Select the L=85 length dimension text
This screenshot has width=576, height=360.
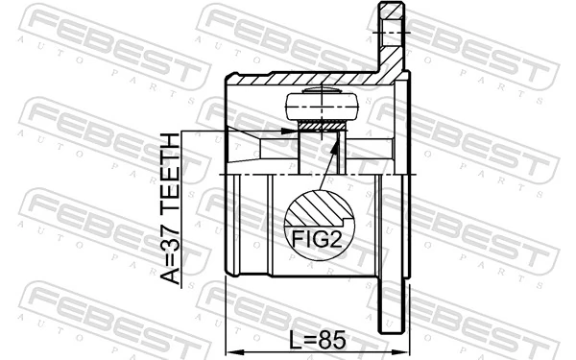click(317, 339)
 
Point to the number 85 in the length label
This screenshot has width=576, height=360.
click(331, 339)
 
